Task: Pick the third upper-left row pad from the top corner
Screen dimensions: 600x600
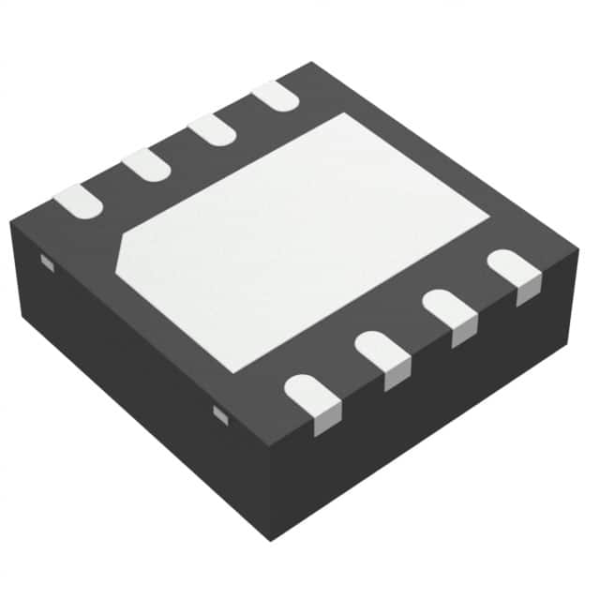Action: (x=146, y=164)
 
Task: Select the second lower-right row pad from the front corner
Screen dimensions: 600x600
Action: (x=380, y=352)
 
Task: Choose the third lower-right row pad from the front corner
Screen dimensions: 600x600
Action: (x=447, y=310)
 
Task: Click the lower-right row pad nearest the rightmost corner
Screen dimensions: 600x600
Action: (x=513, y=268)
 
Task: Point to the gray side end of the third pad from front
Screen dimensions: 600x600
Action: (x=462, y=335)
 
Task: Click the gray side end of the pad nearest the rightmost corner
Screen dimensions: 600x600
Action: (x=528, y=292)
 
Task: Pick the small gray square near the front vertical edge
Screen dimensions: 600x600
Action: (x=220, y=413)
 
